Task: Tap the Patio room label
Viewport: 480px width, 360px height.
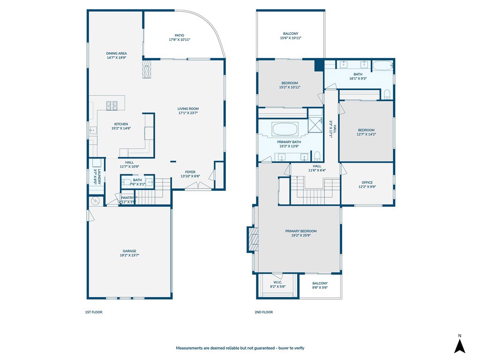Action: tap(179, 35)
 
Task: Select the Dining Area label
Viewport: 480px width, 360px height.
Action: tap(116, 53)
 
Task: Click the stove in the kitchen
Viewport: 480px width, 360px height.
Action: tap(112, 106)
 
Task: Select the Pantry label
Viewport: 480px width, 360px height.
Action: tap(127, 198)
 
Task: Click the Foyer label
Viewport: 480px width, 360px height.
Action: tap(190, 172)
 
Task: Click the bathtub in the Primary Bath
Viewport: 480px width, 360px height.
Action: tap(285, 128)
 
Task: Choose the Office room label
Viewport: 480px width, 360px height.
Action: tap(367, 182)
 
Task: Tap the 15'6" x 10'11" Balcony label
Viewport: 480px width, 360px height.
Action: tap(290, 36)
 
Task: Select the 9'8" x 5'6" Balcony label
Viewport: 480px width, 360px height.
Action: tap(320, 285)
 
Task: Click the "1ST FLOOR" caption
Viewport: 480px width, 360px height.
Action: tap(94, 312)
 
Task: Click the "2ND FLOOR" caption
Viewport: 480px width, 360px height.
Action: tap(264, 312)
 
